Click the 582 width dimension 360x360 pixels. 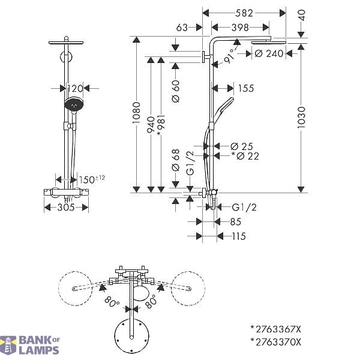coord(244,13)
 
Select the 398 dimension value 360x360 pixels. coord(240,28)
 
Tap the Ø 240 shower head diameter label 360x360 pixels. coord(269,54)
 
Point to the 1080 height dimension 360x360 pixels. coord(137,113)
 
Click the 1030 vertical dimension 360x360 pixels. coord(301,118)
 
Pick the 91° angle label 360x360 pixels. coord(230,56)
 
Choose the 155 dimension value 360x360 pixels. coord(246,88)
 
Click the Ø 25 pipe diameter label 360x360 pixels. coord(242,146)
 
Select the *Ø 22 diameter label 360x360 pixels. coord(245,156)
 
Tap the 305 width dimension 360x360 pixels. coord(66,208)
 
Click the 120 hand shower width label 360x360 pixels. coord(75,88)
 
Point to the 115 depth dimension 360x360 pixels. coord(239,236)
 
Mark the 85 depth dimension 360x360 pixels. coord(236,222)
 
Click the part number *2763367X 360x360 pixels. coord(275,329)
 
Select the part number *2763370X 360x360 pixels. coord(275,343)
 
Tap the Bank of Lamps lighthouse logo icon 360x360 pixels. coord(8,346)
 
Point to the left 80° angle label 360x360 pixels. coord(112,302)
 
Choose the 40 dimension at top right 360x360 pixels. coord(302,15)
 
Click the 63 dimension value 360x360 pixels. coord(182,28)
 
